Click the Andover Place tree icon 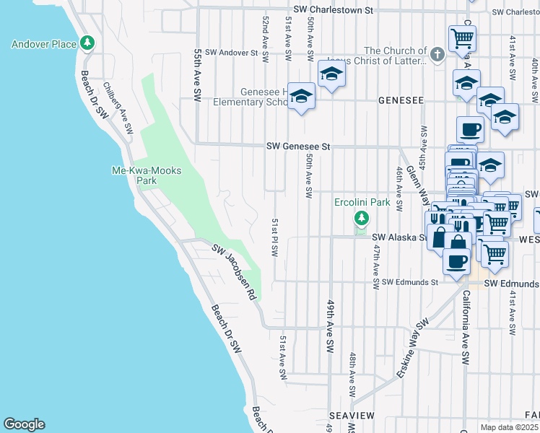click(87, 43)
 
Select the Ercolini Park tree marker click(361, 218)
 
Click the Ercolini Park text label click(362, 202)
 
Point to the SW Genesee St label click(297, 146)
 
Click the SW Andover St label click(231, 53)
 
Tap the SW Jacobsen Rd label click(235, 271)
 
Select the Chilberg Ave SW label click(118, 108)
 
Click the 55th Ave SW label click(197, 75)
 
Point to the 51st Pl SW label click(274, 237)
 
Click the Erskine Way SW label click(412, 339)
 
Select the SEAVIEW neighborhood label click(352, 416)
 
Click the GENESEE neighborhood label click(399, 102)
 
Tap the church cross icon click(436, 54)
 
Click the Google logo click(24, 424)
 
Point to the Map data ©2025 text click(509, 427)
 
